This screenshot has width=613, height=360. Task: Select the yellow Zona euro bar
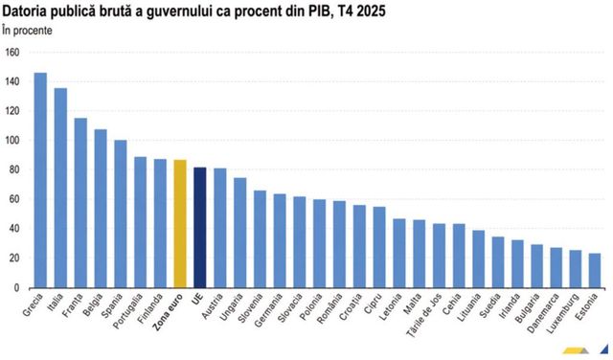179,224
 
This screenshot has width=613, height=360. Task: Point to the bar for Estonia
595,270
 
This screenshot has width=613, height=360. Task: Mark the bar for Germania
280,240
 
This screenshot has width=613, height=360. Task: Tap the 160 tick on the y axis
12,52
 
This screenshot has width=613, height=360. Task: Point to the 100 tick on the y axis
12,141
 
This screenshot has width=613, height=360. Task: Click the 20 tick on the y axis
14,259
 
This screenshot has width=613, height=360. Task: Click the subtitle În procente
28,30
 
